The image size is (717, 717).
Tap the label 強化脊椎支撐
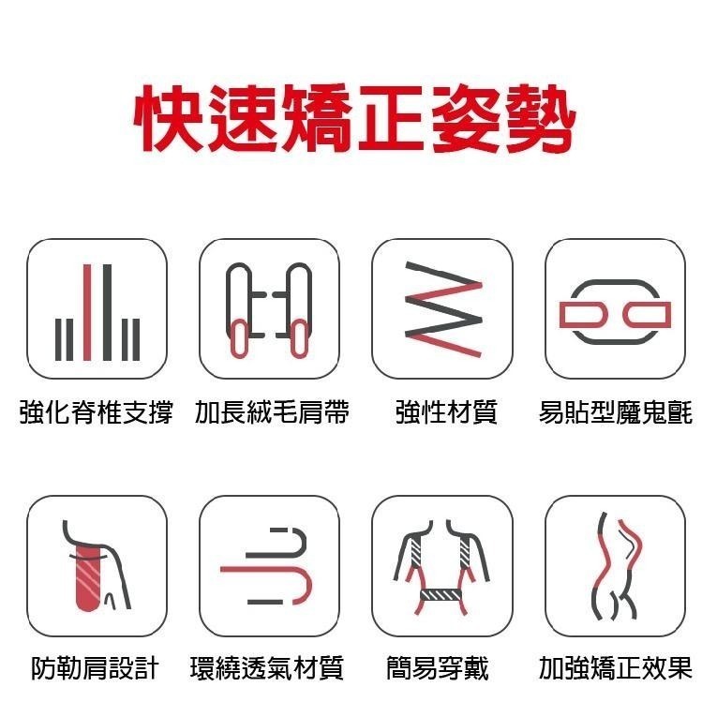pos(97,412)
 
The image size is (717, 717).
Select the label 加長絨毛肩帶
pos(271,412)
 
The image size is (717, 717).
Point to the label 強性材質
pos(445,412)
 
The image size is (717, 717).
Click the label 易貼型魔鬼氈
pos(616,412)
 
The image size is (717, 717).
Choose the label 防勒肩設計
pos(96,668)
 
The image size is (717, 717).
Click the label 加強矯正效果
pos(616,668)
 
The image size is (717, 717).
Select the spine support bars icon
pos(97,309)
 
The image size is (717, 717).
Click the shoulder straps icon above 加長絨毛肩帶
pos(270,309)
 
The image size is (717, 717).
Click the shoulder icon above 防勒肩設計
pos(97,566)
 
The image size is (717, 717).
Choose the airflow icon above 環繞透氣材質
pos(270,566)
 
